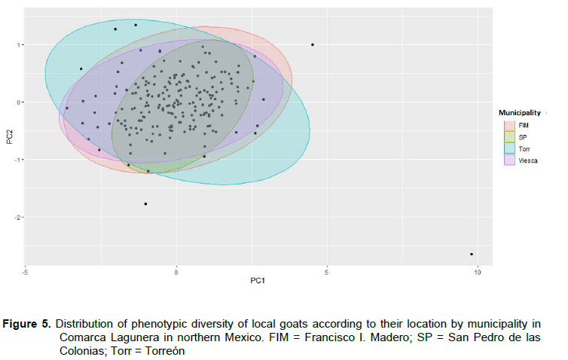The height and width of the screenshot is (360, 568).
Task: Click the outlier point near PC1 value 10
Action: coord(472,254)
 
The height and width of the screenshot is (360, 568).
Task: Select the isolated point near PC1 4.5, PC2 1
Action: coord(313,44)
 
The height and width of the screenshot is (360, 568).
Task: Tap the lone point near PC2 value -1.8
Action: coord(145,204)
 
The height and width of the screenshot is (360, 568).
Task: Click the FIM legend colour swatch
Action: coord(508,124)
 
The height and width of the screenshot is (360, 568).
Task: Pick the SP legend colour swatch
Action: coord(508,137)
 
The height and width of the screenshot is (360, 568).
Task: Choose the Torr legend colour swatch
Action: coord(508,150)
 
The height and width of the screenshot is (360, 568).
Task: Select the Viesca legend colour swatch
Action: coord(508,162)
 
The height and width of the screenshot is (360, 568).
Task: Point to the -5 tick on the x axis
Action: coord(26,272)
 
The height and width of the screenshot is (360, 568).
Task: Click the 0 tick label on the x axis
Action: coord(176,272)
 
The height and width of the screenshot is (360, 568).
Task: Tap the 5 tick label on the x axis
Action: coord(327,272)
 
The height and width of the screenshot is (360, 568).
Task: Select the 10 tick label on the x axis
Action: coord(477,272)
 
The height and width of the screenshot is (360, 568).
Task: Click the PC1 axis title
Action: coord(258,284)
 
